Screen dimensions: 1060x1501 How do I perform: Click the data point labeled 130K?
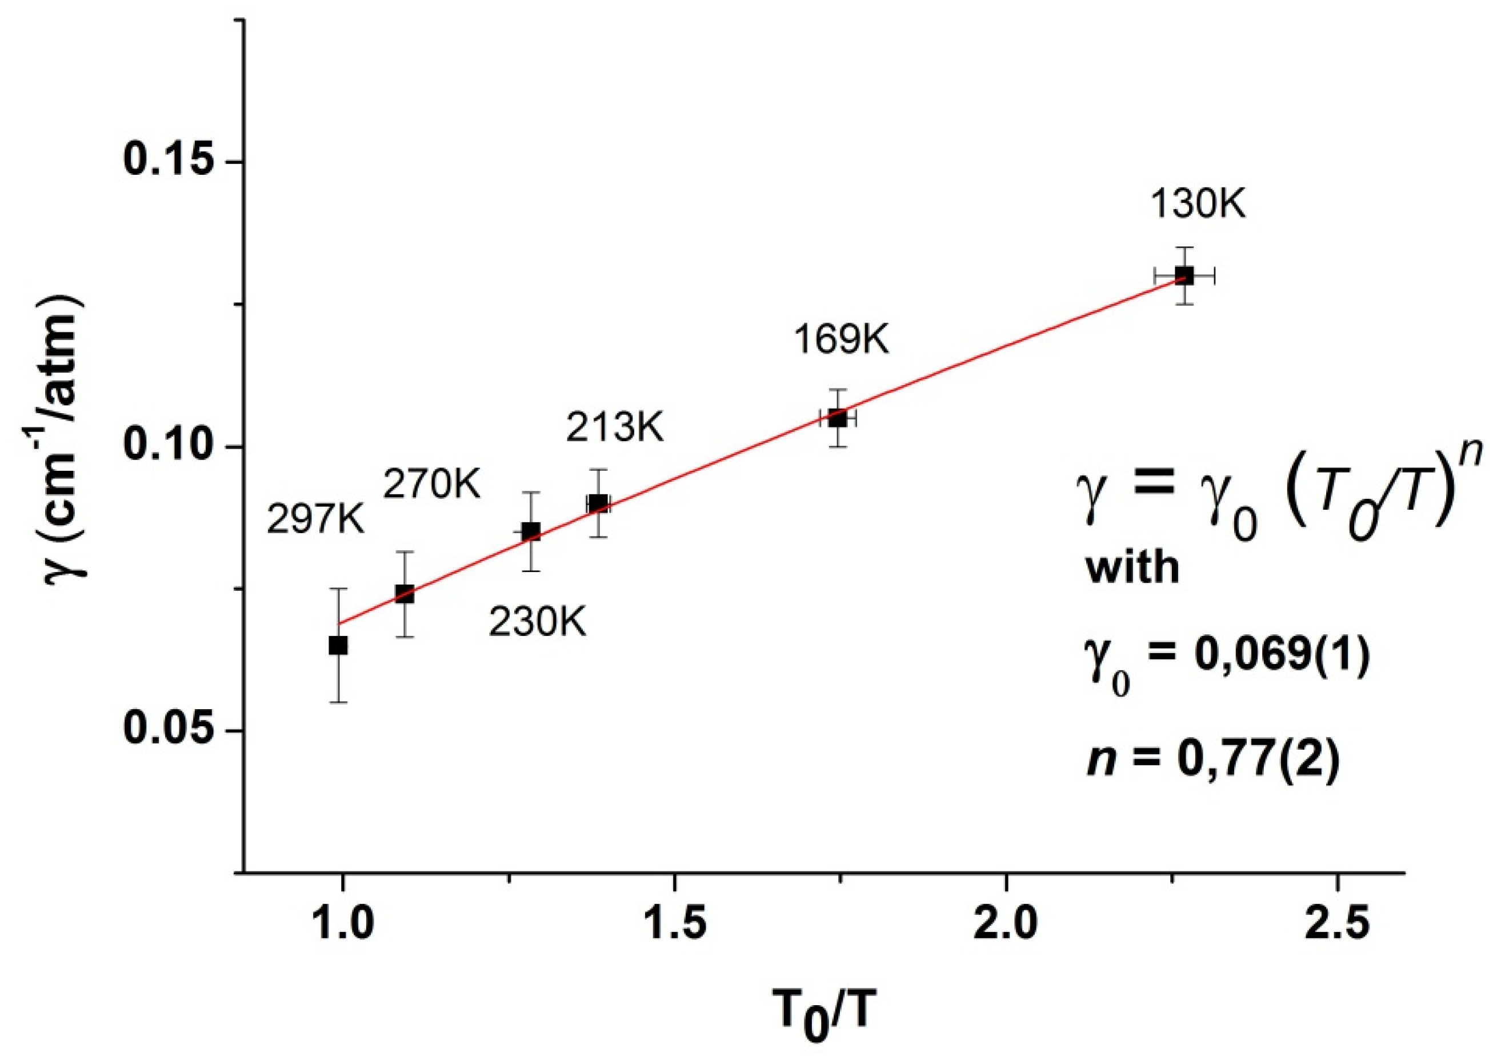pos(1184,275)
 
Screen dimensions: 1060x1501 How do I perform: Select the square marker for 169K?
pos(838,418)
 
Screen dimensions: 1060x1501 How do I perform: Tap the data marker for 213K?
pos(598,503)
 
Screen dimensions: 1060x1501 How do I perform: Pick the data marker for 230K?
pos(531,531)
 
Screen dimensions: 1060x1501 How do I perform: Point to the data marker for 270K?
pos(405,594)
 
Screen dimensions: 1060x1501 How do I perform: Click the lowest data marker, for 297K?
pos(338,645)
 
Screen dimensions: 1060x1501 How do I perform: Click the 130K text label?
pos(1198,204)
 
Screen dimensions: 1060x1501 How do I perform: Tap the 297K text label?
pos(316,521)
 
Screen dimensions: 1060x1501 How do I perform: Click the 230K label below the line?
pos(538,622)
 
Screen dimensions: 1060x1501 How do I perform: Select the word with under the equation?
pos(1132,567)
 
